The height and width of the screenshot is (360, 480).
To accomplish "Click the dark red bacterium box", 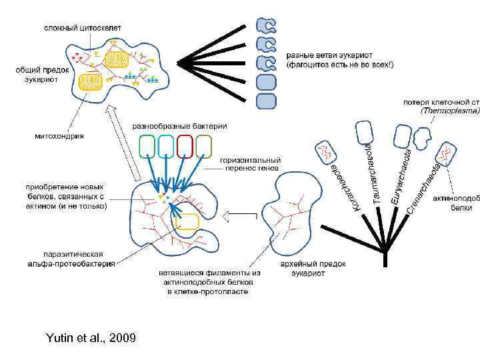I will coord(185,146).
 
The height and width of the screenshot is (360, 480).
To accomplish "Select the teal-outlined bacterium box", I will coord(166,146).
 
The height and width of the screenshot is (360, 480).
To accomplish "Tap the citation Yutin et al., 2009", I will coord(91,338).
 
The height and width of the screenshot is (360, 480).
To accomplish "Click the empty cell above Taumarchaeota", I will coord(364,134).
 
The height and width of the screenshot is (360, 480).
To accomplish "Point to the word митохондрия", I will coord(59,135).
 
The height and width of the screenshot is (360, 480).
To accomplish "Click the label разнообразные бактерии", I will coord(179,125).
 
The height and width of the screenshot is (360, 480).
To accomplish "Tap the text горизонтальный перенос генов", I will coord(250,165).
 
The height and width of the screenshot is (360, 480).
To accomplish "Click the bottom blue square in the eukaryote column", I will coord(266,101).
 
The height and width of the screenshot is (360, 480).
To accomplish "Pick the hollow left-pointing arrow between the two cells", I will coord(241,215).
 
